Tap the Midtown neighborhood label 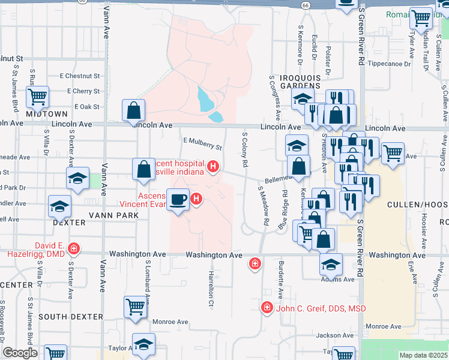(x=46, y=113)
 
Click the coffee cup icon (x=178, y=199)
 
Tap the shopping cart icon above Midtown (x=37, y=97)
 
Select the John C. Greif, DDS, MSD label (x=321, y=308)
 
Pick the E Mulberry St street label (x=203, y=143)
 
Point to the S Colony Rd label (x=245, y=149)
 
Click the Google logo (x=20, y=353)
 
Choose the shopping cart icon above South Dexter (x=135, y=307)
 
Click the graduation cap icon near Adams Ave (x=331, y=263)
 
